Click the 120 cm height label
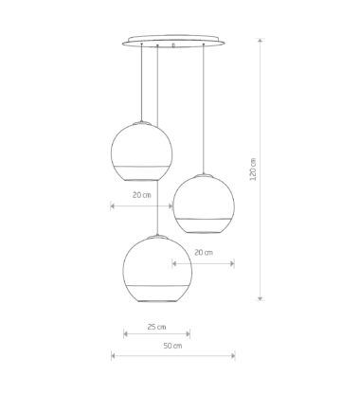click(253, 170)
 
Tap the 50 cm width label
click(172, 346)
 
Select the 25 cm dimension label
click(156, 327)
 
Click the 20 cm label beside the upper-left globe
click(142, 195)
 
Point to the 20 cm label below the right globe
click(204, 252)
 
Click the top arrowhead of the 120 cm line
click(260, 41)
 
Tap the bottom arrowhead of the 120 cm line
click(260, 298)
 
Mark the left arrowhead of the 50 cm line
click(114, 356)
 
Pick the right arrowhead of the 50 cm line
click(233, 356)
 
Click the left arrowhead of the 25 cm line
click(126, 333)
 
